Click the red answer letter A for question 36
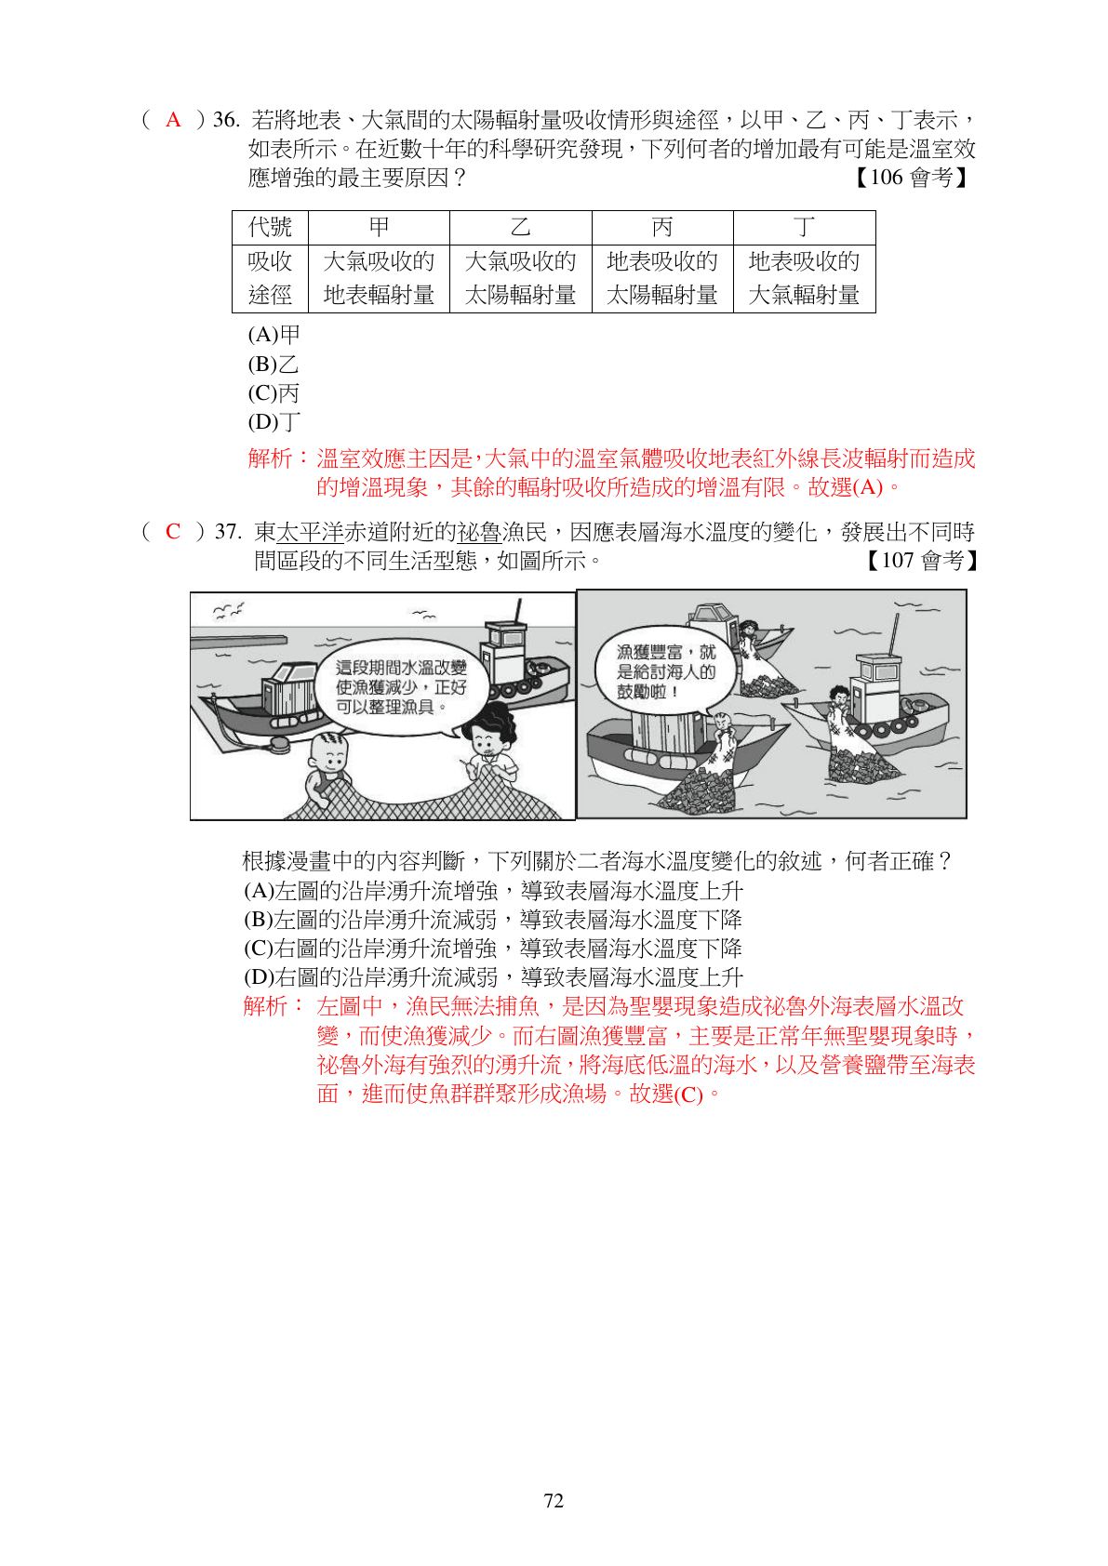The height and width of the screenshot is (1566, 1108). (x=173, y=120)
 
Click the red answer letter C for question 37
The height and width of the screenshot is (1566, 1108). (x=173, y=532)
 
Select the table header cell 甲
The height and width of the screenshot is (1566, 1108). (x=379, y=227)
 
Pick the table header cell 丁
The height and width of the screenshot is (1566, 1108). (x=804, y=227)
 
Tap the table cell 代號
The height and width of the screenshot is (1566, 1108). (x=270, y=227)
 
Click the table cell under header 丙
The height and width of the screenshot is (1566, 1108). (x=662, y=278)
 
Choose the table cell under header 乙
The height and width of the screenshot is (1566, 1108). (x=520, y=278)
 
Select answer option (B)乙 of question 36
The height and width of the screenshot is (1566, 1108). (x=274, y=364)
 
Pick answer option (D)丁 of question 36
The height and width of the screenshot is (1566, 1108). (x=274, y=422)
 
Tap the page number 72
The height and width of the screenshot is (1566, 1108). (x=554, y=1500)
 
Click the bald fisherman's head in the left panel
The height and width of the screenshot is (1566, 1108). (x=331, y=750)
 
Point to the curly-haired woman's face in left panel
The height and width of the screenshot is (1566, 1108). (x=486, y=739)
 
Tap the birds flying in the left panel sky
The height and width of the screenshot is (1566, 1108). (x=229, y=610)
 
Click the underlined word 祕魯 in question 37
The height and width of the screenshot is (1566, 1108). (x=479, y=532)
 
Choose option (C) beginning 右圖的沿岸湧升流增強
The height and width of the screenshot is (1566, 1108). (x=493, y=949)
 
